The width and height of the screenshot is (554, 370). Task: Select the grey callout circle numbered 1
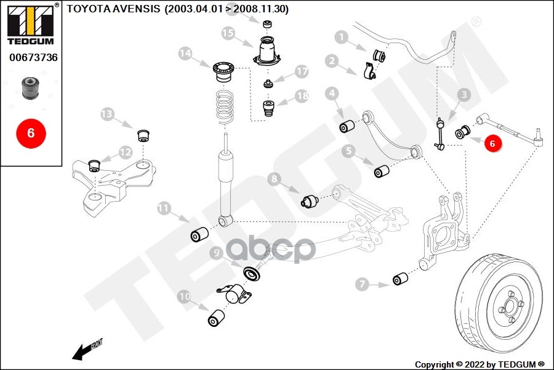point(340,38)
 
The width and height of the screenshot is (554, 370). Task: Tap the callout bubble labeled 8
point(275,179)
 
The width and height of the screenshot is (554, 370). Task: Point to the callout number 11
point(163,208)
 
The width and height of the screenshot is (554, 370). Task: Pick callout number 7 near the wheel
point(362,284)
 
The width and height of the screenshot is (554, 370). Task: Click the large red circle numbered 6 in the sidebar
point(30,132)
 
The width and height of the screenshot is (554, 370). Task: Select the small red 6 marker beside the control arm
point(491,142)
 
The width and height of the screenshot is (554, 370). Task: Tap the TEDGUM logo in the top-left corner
point(30,24)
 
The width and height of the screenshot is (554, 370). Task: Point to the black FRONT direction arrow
point(80,352)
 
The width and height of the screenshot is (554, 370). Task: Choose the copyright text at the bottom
point(480,364)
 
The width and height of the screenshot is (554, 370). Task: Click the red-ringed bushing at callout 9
point(251,273)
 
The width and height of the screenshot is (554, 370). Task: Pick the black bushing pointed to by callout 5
point(382,170)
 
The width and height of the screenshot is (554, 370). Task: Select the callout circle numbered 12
point(126,151)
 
